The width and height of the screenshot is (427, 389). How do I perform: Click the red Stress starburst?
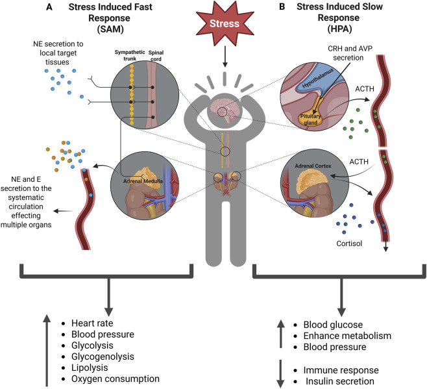pyautogui.click(x=225, y=23)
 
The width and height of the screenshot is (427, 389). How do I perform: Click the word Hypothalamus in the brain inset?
pyautogui.click(x=317, y=78)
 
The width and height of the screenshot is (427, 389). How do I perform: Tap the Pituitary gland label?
pyautogui.click(x=310, y=119)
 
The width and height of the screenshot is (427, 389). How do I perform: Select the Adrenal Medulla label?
pyautogui.click(x=143, y=181)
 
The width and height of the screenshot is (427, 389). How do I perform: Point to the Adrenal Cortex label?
pyautogui.click(x=313, y=166)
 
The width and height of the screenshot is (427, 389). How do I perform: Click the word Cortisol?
pyautogui.click(x=349, y=243)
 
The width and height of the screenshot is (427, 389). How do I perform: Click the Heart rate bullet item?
pyautogui.click(x=92, y=323)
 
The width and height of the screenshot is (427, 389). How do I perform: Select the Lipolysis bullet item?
pyautogui.click(x=90, y=368)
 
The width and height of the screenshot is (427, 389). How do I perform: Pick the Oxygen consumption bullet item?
pyautogui.click(x=116, y=379)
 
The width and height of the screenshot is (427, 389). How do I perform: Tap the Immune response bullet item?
pyautogui.click(x=341, y=370)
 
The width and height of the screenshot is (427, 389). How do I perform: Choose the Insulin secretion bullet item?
pyautogui.click(x=340, y=381)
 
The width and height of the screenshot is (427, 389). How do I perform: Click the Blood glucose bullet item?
pyautogui.click(x=333, y=325)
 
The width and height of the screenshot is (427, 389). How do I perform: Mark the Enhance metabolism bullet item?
pyautogui.click(x=347, y=336)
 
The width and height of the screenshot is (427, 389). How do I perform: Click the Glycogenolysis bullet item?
pyautogui.click(x=103, y=357)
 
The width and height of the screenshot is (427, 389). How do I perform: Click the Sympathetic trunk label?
pyautogui.click(x=130, y=55)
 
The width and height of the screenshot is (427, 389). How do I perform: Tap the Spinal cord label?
pyautogui.click(x=156, y=56)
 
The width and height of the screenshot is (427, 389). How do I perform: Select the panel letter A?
pyautogui.click(x=49, y=6)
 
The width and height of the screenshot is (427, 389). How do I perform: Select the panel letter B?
pyautogui.click(x=282, y=6)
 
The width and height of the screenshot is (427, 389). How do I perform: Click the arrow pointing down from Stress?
pyautogui.click(x=225, y=56)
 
